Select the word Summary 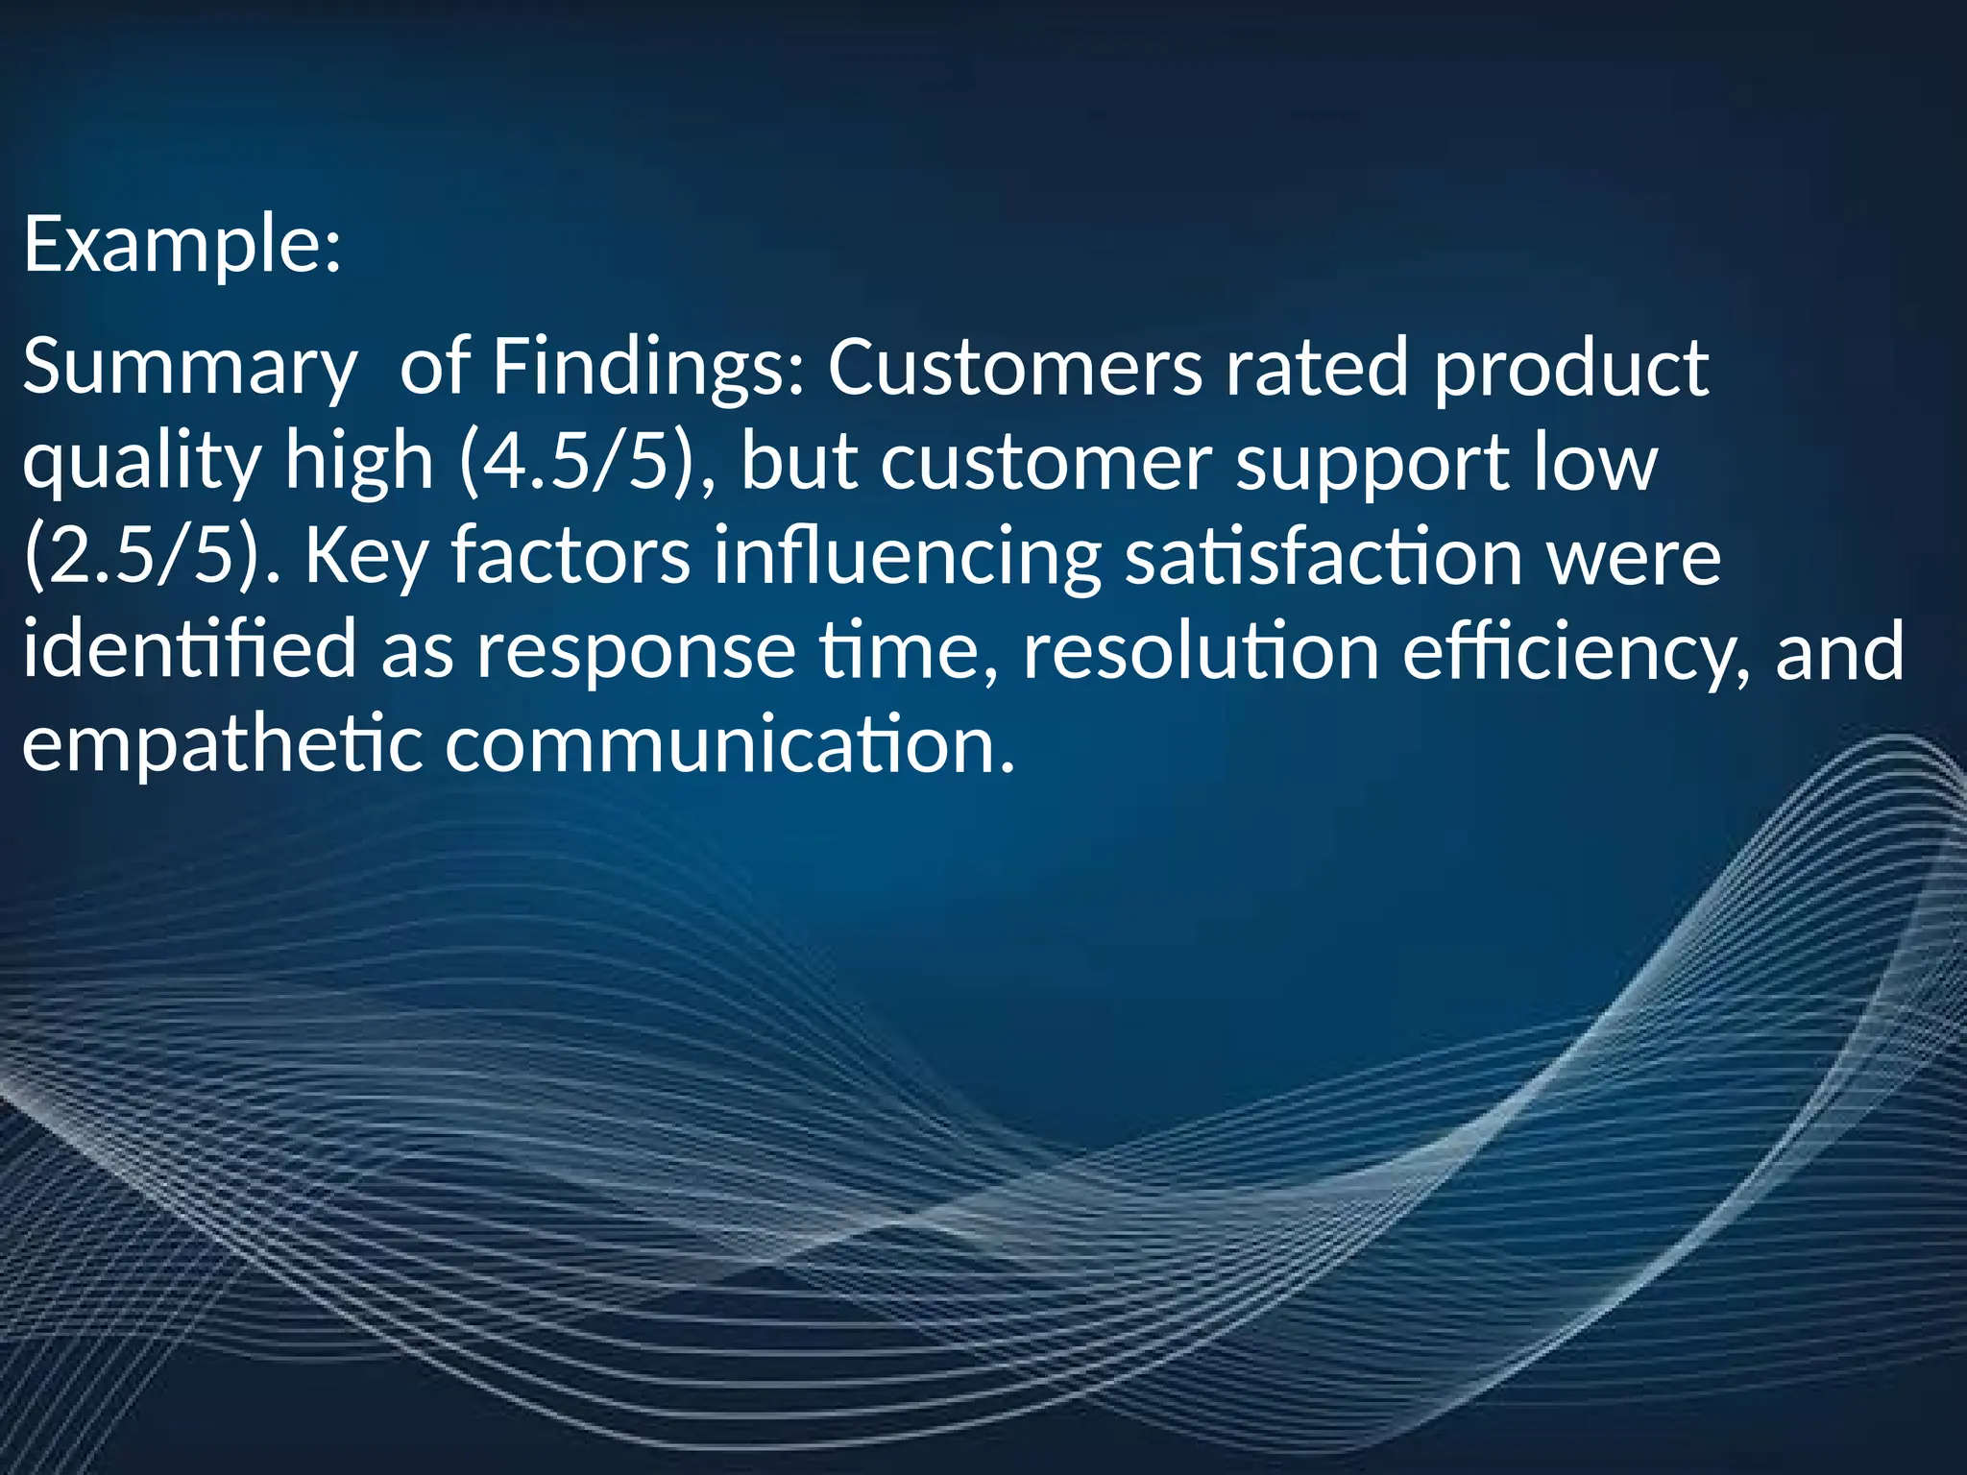point(188,369)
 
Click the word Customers point(1014,367)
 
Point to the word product point(1571,369)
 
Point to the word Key point(366,557)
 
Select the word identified point(189,649)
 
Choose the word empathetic point(222,745)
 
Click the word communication point(729,743)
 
